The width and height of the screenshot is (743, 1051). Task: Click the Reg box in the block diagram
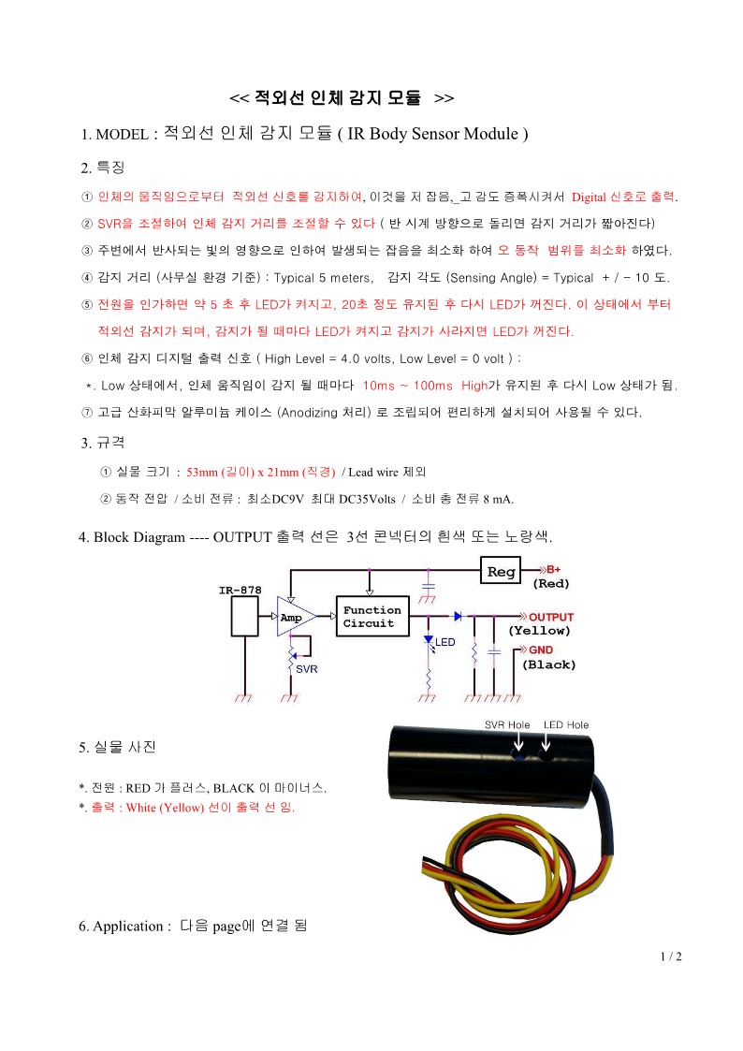[501, 571]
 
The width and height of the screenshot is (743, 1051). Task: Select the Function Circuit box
[372, 616]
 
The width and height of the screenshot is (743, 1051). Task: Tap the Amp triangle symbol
[296, 617]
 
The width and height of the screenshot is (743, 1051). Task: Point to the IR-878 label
[240, 590]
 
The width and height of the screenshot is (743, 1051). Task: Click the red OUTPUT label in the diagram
[551, 617]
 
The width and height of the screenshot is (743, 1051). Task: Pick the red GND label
[541, 650]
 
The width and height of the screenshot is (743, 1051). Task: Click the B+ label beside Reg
[553, 569]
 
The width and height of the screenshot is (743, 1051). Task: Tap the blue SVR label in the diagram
[306, 669]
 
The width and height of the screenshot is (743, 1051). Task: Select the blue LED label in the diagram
[444, 641]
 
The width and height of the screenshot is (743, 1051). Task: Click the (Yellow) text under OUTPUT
[539, 631]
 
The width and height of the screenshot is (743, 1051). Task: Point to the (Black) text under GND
[548, 664]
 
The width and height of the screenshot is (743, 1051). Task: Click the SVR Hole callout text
[507, 724]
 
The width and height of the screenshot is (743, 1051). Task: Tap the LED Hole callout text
[566, 724]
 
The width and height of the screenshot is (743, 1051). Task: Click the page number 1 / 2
[671, 956]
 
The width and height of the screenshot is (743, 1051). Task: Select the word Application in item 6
[128, 927]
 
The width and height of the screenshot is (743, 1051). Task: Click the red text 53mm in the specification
[202, 472]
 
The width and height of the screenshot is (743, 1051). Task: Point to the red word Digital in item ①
[589, 197]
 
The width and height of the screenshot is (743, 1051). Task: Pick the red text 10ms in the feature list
[379, 386]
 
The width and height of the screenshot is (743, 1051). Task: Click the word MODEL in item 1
[122, 134]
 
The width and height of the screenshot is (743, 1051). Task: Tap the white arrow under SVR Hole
[517, 741]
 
